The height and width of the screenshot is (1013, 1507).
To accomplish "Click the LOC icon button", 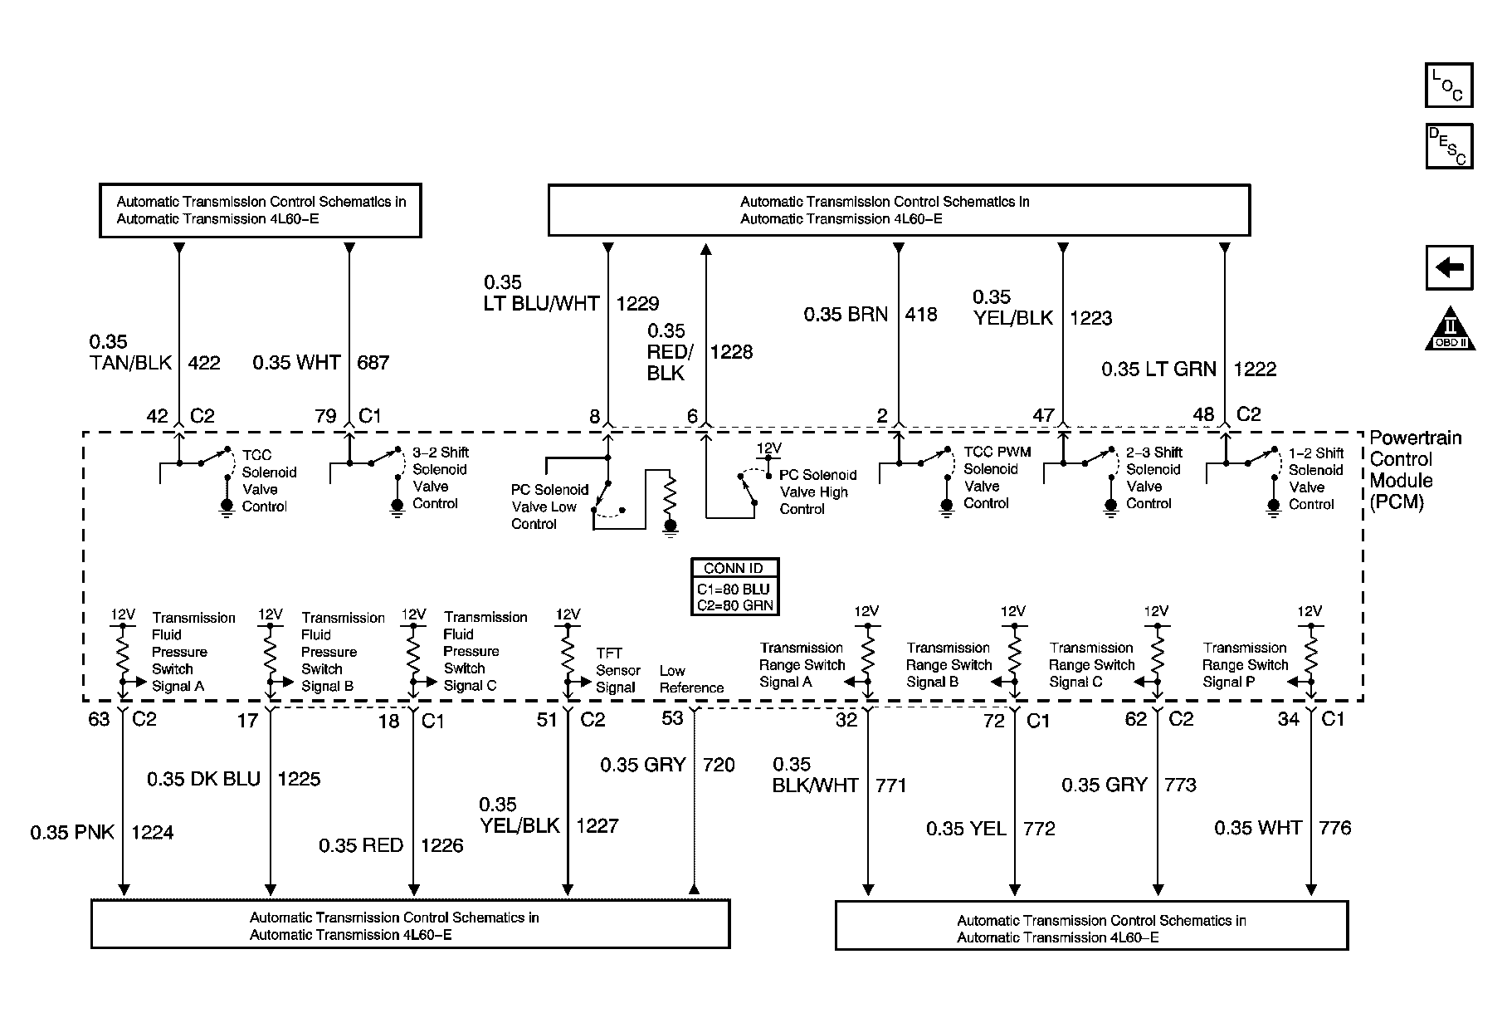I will pyautogui.click(x=1448, y=86).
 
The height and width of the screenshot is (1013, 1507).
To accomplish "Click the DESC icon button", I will pyautogui.click(x=1448, y=146).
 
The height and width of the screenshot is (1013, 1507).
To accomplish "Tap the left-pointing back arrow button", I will pyautogui.click(x=1449, y=267).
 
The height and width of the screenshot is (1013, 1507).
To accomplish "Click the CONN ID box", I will pyautogui.click(x=734, y=586).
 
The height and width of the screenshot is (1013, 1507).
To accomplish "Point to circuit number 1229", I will pyautogui.click(x=637, y=304).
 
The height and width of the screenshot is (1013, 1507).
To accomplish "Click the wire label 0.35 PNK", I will pyautogui.click(x=72, y=832).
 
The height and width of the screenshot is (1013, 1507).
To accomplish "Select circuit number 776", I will pyautogui.click(x=1334, y=828).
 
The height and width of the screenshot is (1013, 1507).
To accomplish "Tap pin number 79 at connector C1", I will pyautogui.click(x=325, y=415).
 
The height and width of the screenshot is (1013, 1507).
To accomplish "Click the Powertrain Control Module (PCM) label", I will pyautogui.click(x=1414, y=469).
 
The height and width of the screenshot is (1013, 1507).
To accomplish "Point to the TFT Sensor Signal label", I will pyautogui.click(x=617, y=670).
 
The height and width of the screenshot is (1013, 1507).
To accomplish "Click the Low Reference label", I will pyautogui.click(x=691, y=679).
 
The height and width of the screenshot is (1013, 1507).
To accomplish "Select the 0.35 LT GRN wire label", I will pyautogui.click(x=1158, y=369).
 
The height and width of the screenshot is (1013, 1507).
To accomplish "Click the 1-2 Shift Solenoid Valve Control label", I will pyautogui.click(x=1314, y=478).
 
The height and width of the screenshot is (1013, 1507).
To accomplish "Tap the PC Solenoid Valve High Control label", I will pyautogui.click(x=817, y=492).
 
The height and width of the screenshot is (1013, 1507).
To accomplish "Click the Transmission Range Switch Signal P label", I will pyautogui.click(x=1245, y=664).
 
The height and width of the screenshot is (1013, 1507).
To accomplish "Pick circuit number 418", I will pyautogui.click(x=921, y=315).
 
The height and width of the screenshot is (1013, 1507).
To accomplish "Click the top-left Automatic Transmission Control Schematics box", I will pyautogui.click(x=261, y=211).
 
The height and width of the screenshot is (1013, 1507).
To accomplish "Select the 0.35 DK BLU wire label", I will pyautogui.click(x=203, y=779).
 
